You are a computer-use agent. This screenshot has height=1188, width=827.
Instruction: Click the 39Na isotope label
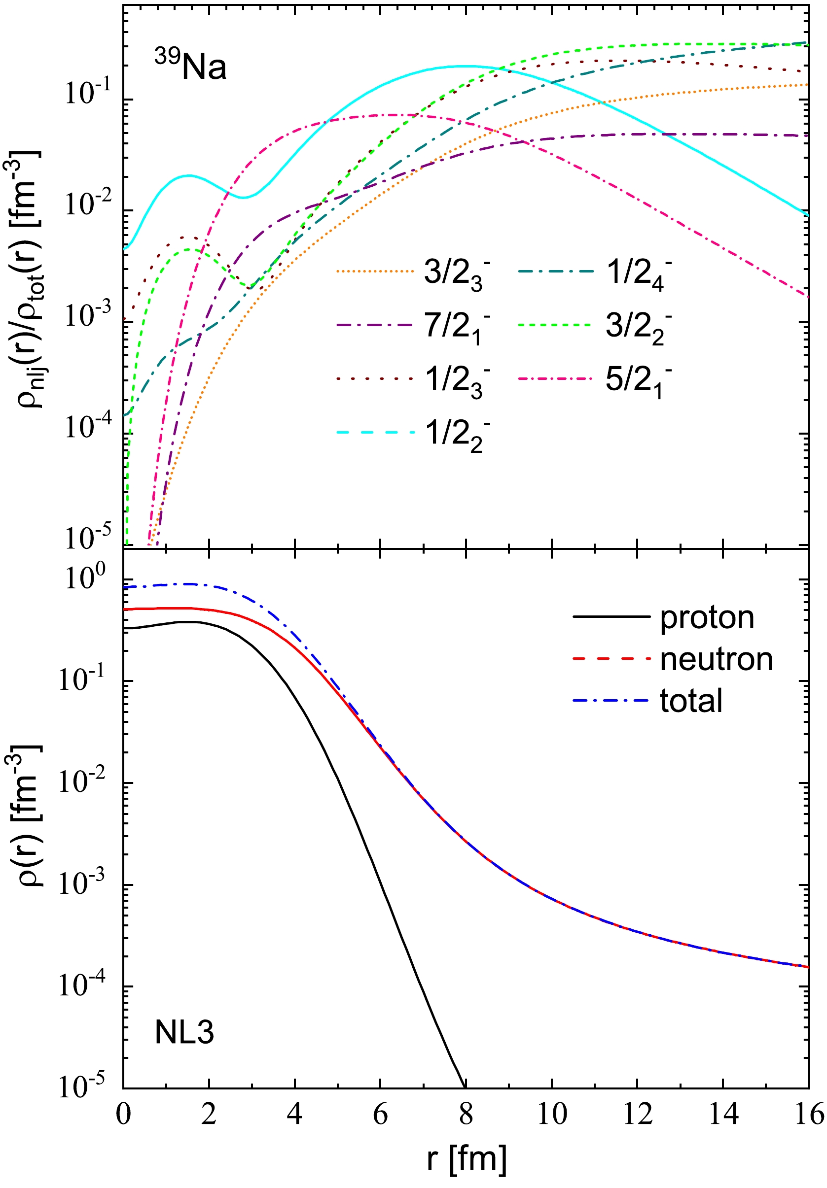click(190, 66)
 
